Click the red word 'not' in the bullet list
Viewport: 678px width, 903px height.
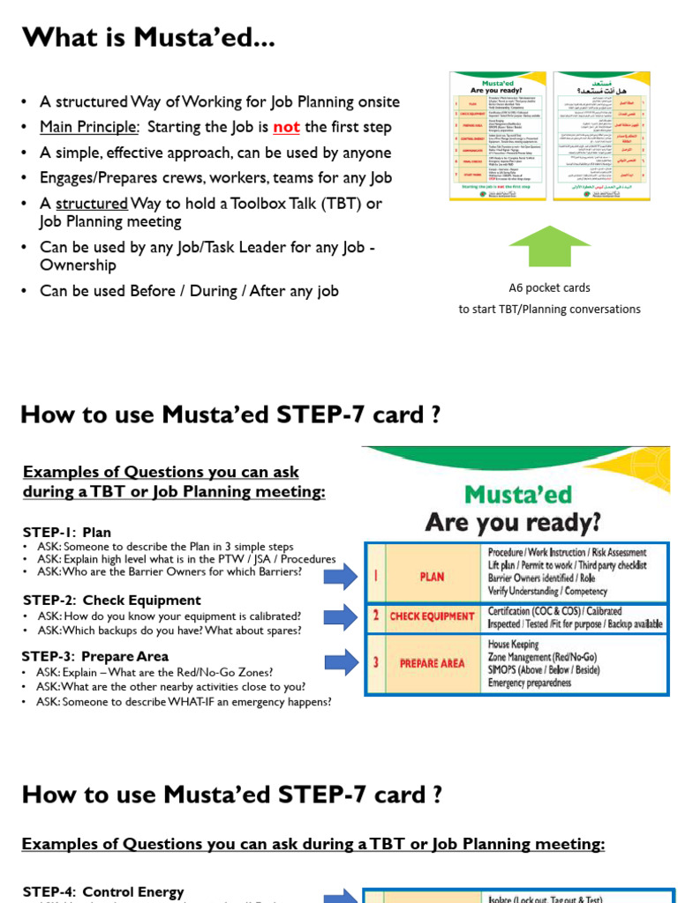(286, 127)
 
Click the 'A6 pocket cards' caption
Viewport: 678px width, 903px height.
(549, 287)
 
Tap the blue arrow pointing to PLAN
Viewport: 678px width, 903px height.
(340, 576)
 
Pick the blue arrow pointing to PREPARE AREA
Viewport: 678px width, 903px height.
(340, 662)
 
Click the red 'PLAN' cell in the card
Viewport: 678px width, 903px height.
(432, 576)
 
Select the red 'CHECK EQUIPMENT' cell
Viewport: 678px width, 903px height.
(432, 616)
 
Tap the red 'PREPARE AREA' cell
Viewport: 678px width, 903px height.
(432, 663)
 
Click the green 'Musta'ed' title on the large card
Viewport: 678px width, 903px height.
(517, 494)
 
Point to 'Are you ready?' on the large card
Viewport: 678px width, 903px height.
(513, 522)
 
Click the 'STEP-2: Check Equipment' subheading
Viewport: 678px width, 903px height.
(112, 601)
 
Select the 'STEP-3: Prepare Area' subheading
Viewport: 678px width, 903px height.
(95, 656)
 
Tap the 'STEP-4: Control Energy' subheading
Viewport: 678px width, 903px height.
(103, 892)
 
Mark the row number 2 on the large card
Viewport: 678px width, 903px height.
(374, 616)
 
